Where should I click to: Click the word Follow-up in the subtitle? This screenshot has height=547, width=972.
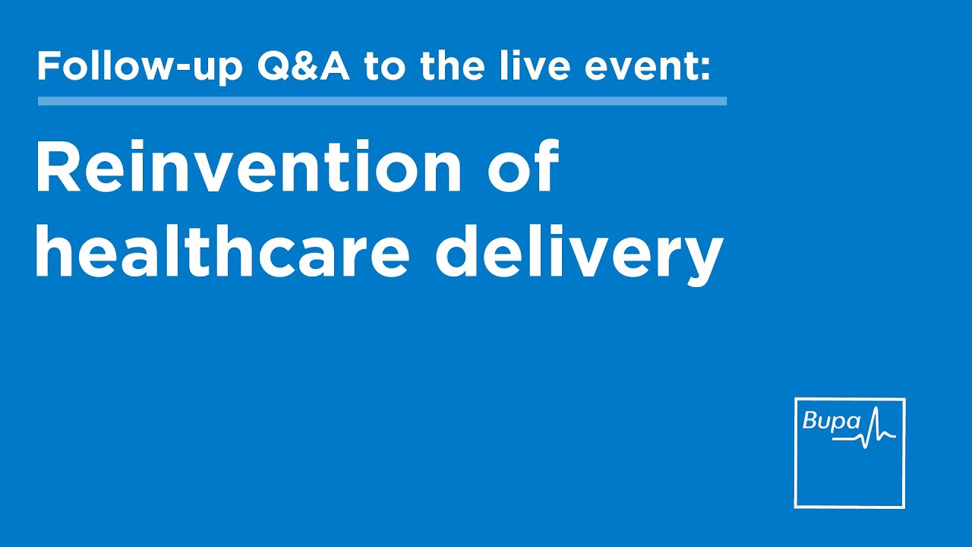[140, 68]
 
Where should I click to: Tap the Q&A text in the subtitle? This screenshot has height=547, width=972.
[303, 67]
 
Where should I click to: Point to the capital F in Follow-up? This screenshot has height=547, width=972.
[48, 67]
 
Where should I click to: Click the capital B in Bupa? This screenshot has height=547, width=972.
[810, 421]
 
